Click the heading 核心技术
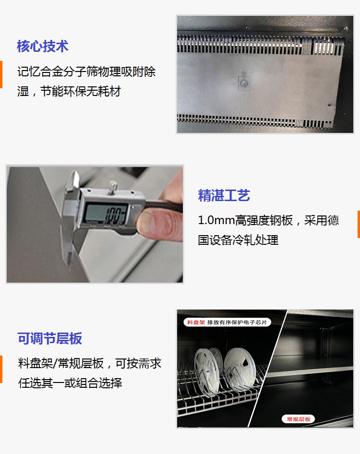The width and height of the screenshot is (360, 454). [43, 47]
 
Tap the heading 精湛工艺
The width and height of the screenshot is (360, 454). [224, 195]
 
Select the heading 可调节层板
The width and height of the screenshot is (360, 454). [49, 338]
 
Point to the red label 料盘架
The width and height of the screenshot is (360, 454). [196, 322]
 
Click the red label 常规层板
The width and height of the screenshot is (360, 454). [299, 419]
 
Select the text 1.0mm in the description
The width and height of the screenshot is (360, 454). [216, 220]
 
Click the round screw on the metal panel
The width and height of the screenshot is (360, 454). [243, 83]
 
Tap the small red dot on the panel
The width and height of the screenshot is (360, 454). [329, 105]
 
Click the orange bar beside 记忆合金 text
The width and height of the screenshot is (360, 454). [1, 74]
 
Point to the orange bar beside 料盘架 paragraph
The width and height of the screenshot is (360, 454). [1, 369]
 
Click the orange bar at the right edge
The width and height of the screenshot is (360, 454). [359, 225]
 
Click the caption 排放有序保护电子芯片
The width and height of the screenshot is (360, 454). [237, 322]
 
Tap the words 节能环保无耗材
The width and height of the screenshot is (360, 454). [81, 92]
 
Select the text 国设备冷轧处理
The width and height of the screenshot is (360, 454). [238, 240]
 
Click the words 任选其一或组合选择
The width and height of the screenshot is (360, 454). [70, 383]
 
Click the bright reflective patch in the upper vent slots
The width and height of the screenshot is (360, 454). [322, 46]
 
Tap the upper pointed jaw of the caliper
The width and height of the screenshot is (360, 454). [73, 180]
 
